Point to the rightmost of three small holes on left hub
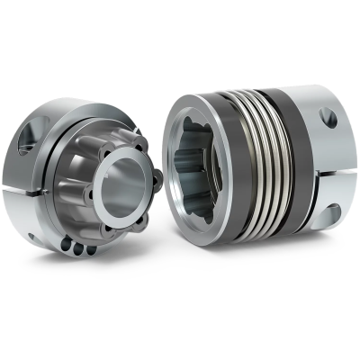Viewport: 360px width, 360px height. click(x=89, y=251)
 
